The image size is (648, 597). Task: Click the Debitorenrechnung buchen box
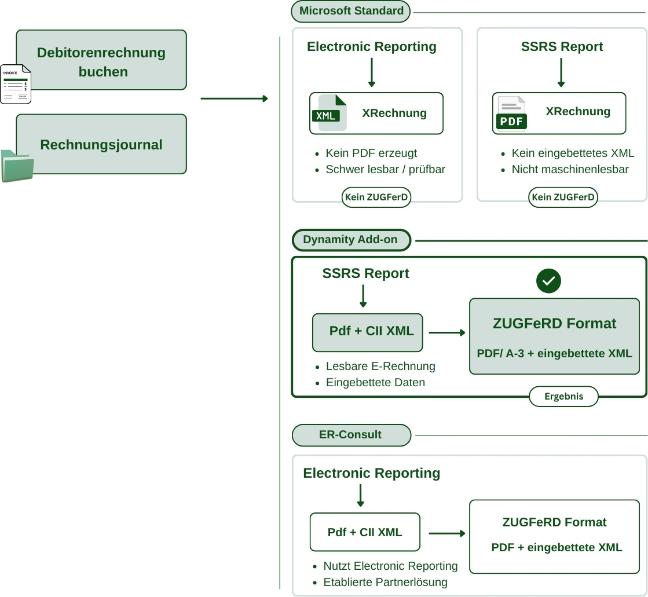[101, 60]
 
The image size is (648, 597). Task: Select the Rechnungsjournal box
[101, 144]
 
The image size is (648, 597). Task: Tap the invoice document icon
[16, 84]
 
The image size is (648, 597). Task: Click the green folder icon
[17, 166]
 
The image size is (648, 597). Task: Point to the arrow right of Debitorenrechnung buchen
[234, 98]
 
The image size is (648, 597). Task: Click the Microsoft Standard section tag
[351, 11]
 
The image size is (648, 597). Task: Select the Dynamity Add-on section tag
[351, 240]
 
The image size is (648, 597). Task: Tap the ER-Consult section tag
[351, 435]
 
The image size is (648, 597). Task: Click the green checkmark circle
[548, 281]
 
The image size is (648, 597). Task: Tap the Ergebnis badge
[563, 397]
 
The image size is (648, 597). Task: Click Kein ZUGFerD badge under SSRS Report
[563, 197]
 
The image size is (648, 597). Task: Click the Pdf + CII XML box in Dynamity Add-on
[368, 332]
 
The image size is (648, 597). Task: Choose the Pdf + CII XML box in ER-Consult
[365, 532]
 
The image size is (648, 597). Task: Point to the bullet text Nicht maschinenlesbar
[570, 170]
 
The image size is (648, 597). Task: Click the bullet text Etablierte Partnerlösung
[385, 582]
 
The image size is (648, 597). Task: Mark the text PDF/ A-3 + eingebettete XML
[554, 353]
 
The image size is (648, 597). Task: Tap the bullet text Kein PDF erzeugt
[371, 153]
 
